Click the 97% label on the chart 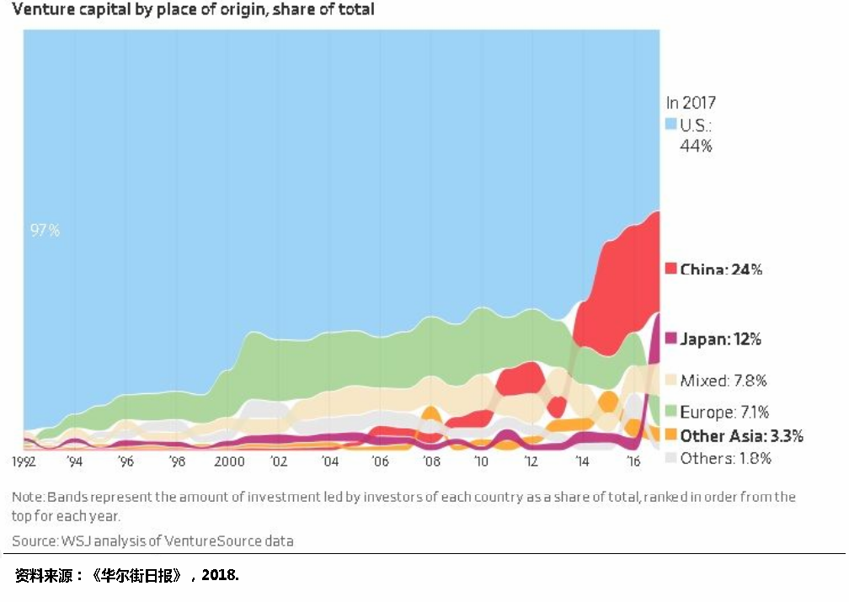coord(45,230)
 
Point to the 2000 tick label coord(229,461)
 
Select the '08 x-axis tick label coord(431,461)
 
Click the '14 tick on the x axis coord(582,461)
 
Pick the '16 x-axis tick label coord(633,461)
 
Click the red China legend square coord(670,269)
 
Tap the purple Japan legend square coord(670,339)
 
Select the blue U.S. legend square coord(670,124)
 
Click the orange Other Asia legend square coord(670,435)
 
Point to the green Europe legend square coord(670,412)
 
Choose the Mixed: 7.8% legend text coord(724,381)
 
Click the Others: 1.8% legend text coord(725,458)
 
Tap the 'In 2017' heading coord(691,103)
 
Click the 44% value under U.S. coord(696,146)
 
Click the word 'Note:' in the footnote coord(29,497)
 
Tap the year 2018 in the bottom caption coord(222,576)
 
